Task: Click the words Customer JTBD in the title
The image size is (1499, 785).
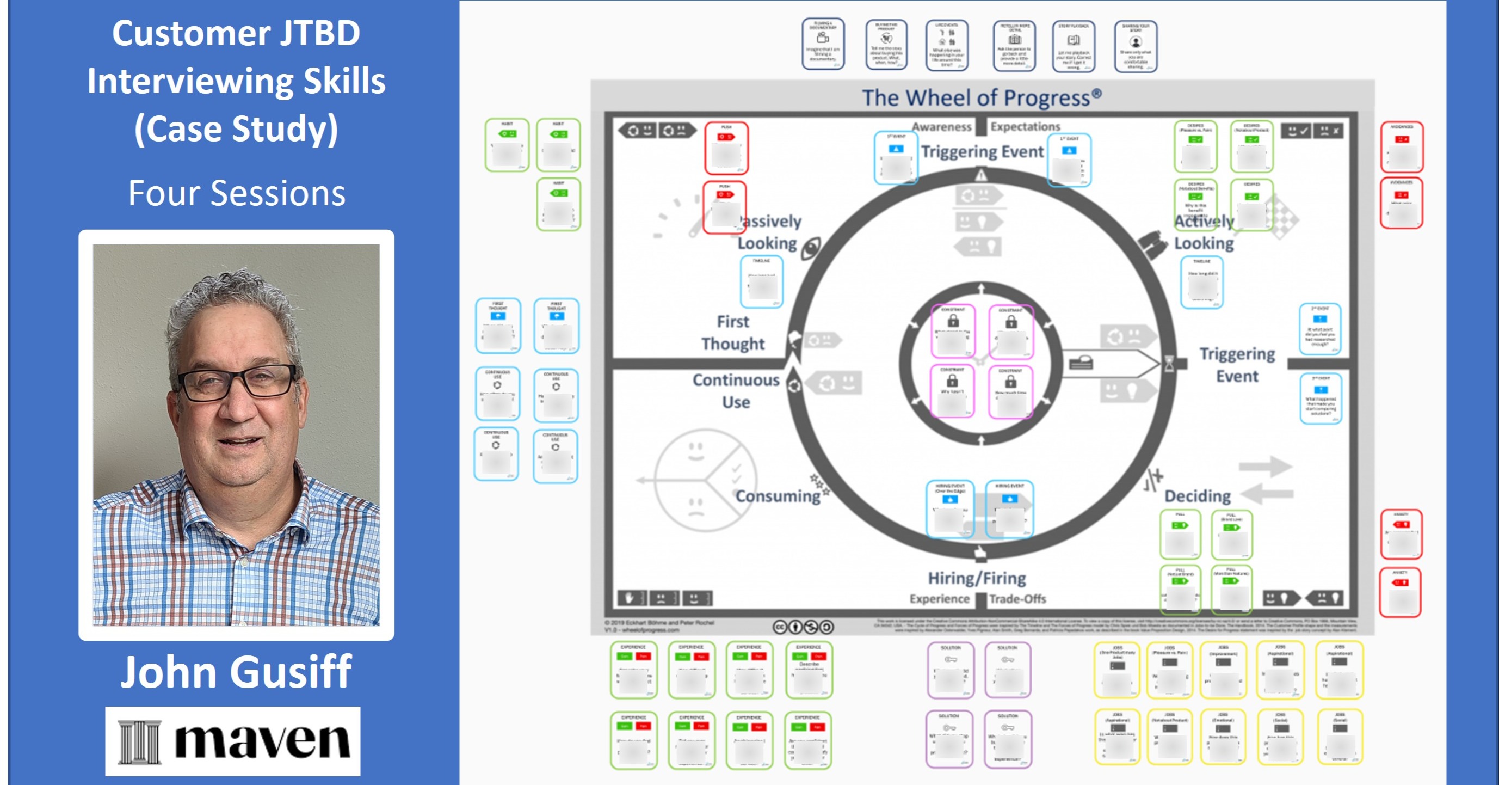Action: coord(236,33)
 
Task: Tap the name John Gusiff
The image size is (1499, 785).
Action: coord(236,672)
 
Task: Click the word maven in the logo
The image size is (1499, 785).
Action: coord(262,741)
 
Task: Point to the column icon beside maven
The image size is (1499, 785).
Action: coord(139,741)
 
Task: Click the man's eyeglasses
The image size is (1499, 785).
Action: coord(238,382)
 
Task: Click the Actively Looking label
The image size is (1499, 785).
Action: coord(1204,232)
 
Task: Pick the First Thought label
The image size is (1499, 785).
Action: coord(732,333)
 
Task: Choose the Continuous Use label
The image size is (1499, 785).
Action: coord(736,391)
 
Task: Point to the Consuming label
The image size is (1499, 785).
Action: coord(778,496)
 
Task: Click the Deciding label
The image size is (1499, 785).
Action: coord(1198,496)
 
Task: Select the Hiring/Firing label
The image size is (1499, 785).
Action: coord(977,578)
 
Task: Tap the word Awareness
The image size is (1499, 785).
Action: coord(941,127)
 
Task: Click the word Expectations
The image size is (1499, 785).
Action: coord(1025,127)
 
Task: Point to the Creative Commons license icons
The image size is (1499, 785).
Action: coord(803,627)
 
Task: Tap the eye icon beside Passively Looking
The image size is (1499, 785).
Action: coord(811,249)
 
